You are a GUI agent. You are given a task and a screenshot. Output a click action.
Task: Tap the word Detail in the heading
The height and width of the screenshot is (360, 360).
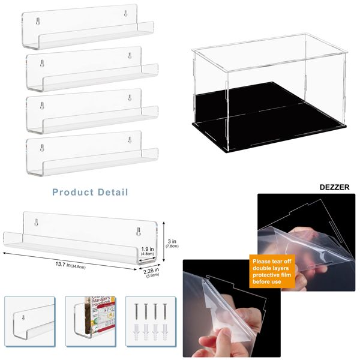pyautogui.click(x=112, y=193)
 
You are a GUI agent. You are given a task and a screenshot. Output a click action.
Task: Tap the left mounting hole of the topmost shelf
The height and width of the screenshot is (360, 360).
pyautogui.click(x=38, y=21)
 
